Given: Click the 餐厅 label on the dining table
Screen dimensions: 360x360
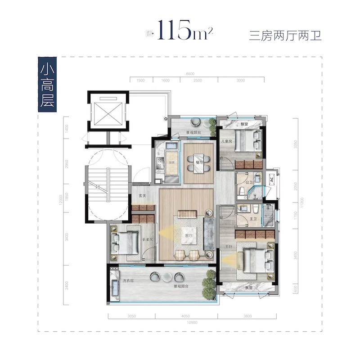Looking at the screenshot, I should pos(198,158).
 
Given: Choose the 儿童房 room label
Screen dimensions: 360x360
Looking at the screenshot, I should pos(225,141).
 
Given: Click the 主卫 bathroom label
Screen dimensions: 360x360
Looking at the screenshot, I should pos(253,219).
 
